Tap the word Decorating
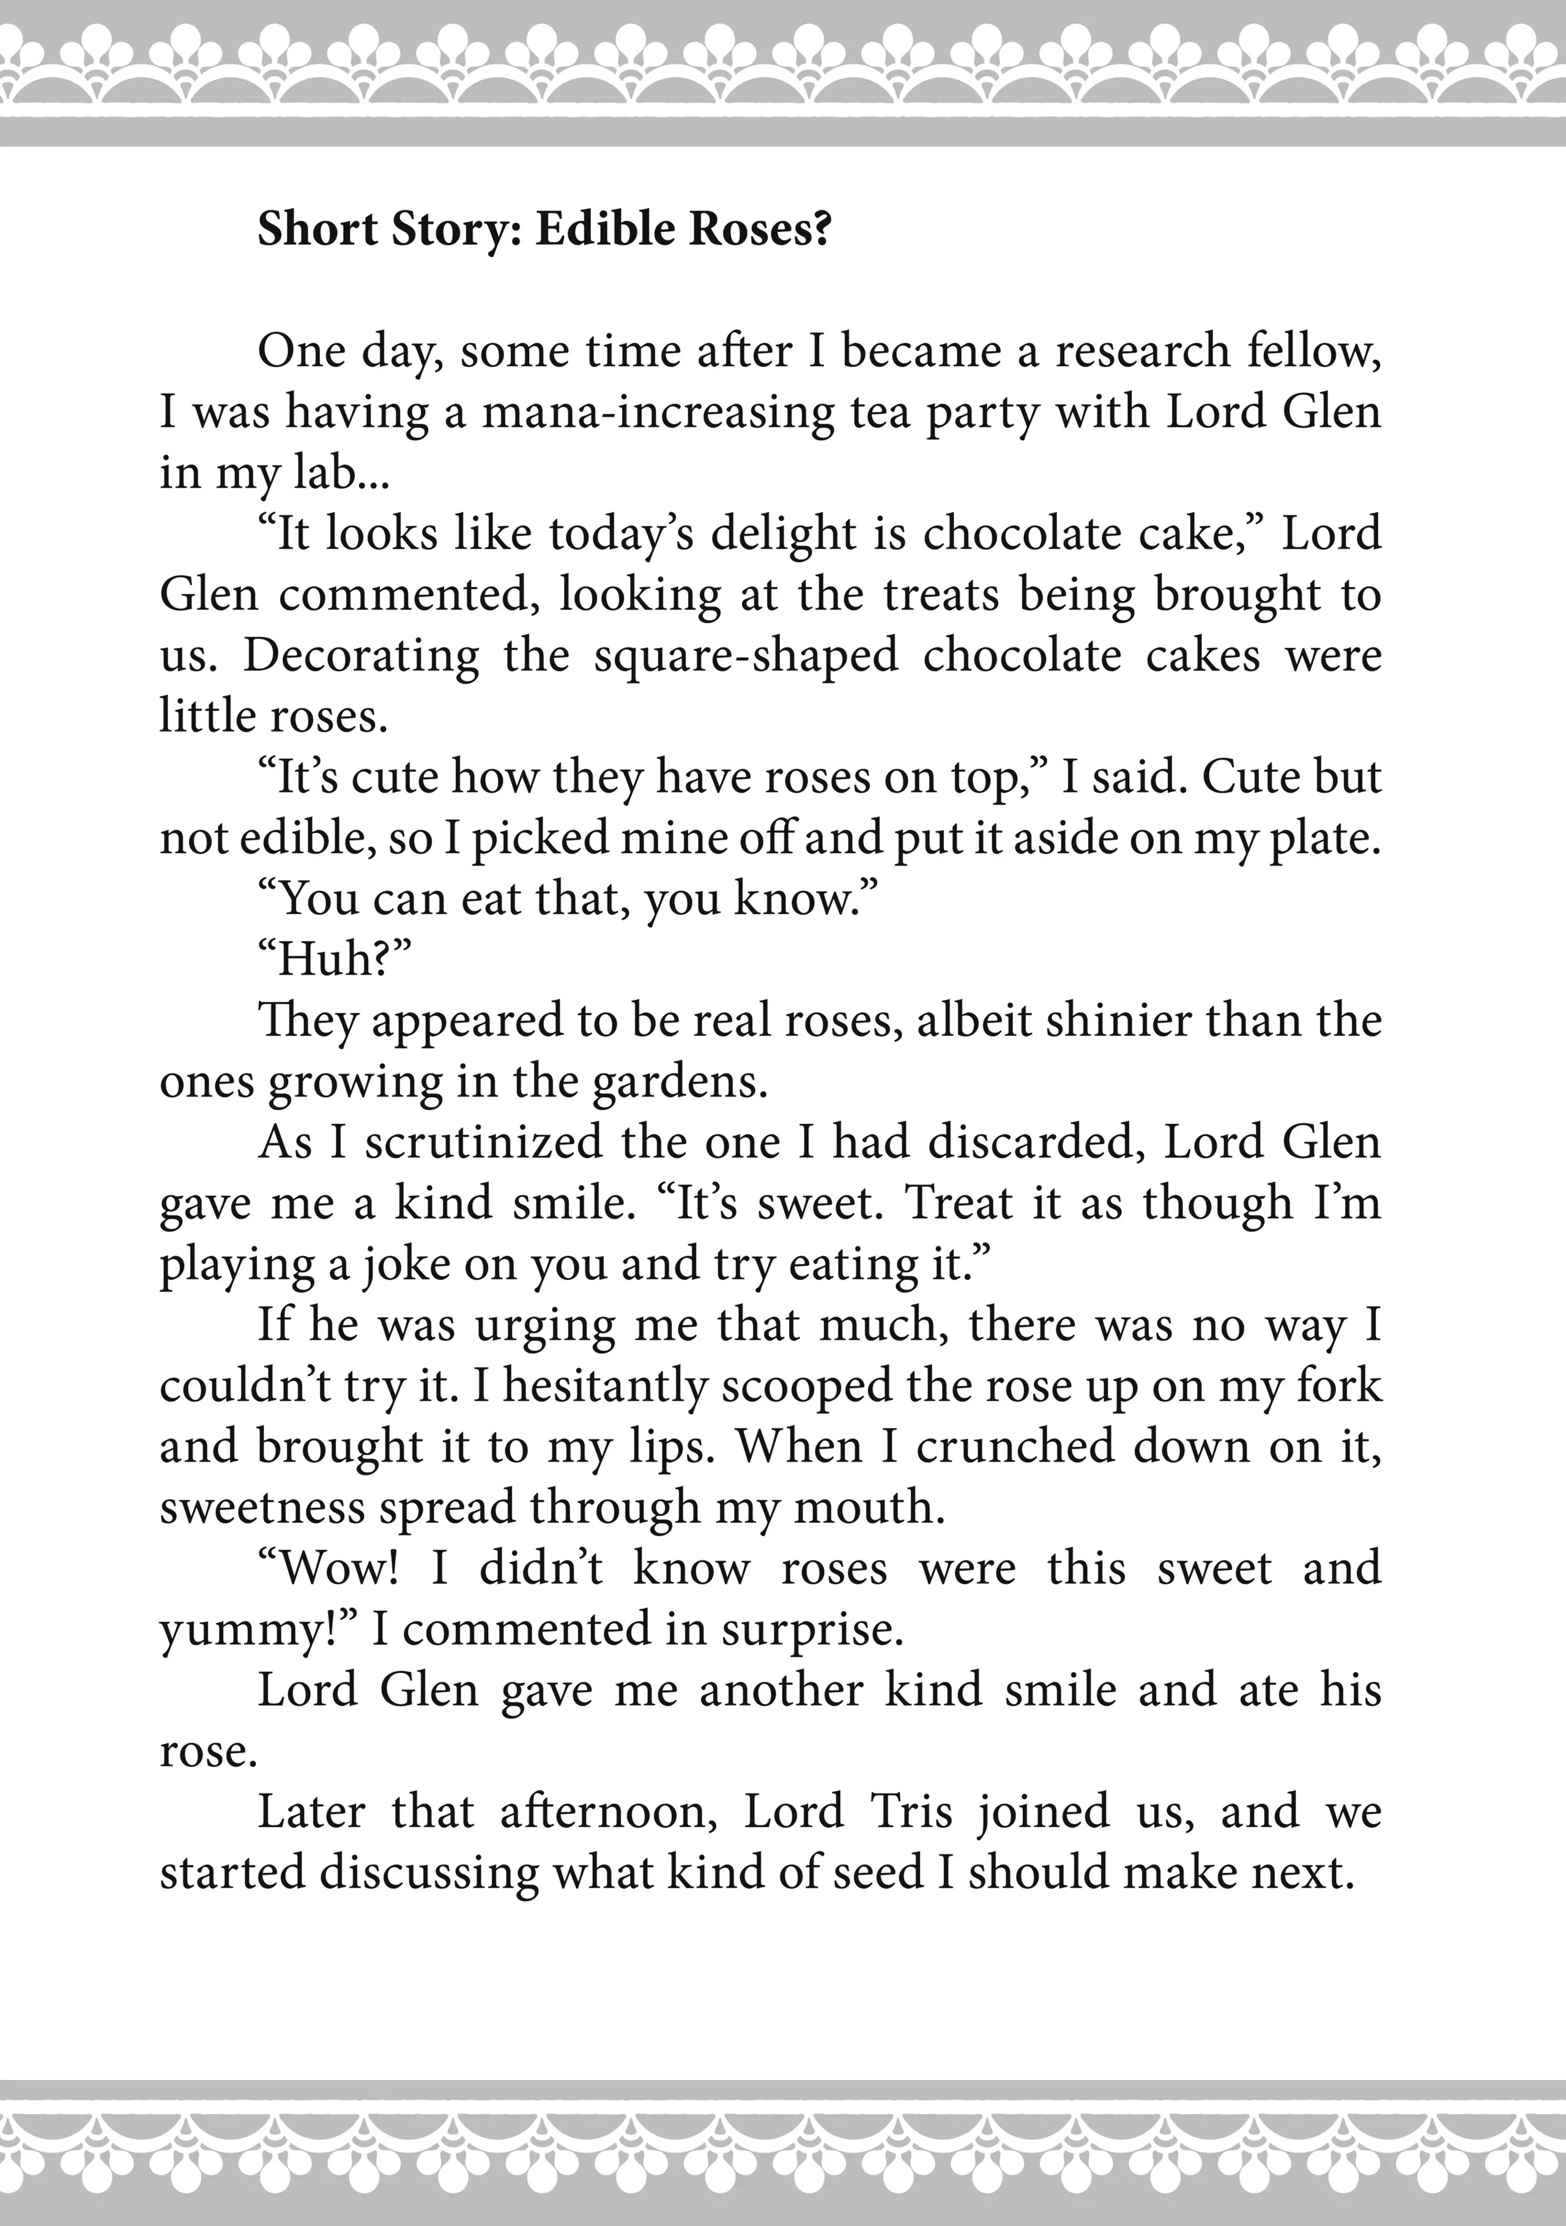point(361,656)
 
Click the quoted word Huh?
point(335,960)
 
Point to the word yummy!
point(258,1630)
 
